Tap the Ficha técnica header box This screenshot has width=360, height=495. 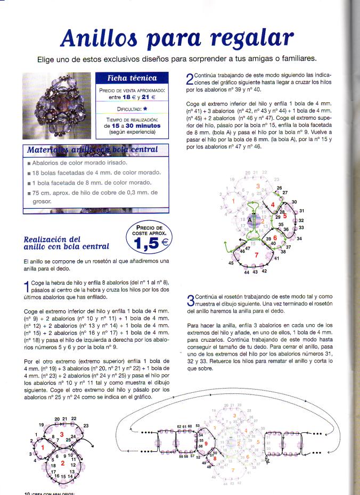point(132,78)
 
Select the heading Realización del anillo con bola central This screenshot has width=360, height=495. point(67,243)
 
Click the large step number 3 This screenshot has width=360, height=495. point(190,300)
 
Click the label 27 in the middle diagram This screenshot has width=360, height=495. point(285,192)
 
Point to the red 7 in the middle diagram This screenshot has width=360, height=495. point(257,255)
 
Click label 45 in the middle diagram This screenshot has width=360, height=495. point(231,263)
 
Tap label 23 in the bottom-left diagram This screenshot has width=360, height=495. point(86,425)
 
